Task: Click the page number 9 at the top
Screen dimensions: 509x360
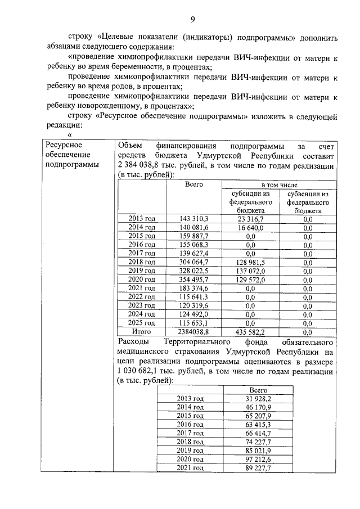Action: (192, 20)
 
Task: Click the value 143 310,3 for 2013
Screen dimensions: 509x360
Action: (193, 218)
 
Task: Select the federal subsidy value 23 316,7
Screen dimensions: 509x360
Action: (250, 218)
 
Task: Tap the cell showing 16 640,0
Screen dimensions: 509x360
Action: (250, 228)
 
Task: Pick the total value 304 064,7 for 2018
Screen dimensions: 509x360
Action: (193, 262)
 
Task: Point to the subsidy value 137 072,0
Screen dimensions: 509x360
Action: (250, 271)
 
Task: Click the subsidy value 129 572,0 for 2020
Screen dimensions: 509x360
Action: (250, 280)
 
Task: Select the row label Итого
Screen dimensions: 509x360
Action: (141, 332)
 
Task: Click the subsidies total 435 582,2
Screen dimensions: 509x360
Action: (250, 332)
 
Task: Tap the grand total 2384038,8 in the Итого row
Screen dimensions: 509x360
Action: (193, 332)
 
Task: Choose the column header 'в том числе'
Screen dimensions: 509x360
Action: (279, 184)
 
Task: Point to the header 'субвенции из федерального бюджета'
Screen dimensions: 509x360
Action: (308, 201)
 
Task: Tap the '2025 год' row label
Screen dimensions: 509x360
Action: (141, 323)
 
